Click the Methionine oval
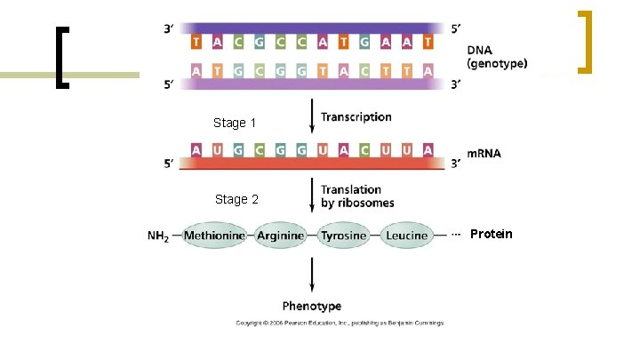(215, 236)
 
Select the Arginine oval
(281, 236)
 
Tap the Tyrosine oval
(344, 236)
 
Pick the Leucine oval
(407, 236)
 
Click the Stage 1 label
(235, 123)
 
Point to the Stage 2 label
(236, 199)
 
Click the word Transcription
(356, 116)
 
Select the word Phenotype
(312, 306)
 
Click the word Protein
(491, 234)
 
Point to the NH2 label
(158, 236)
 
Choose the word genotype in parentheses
(497, 64)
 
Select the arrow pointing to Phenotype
(311, 275)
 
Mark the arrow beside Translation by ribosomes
(311, 195)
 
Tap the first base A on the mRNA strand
(196, 149)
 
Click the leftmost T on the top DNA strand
(196, 42)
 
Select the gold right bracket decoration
(584, 41)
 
